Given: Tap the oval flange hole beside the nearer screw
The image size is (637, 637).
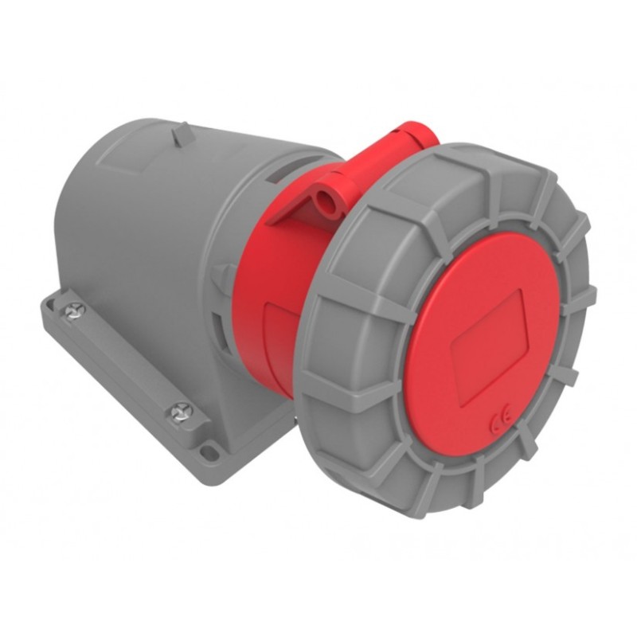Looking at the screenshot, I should point(209,451).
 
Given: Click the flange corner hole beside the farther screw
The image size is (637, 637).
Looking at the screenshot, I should point(55,299).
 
